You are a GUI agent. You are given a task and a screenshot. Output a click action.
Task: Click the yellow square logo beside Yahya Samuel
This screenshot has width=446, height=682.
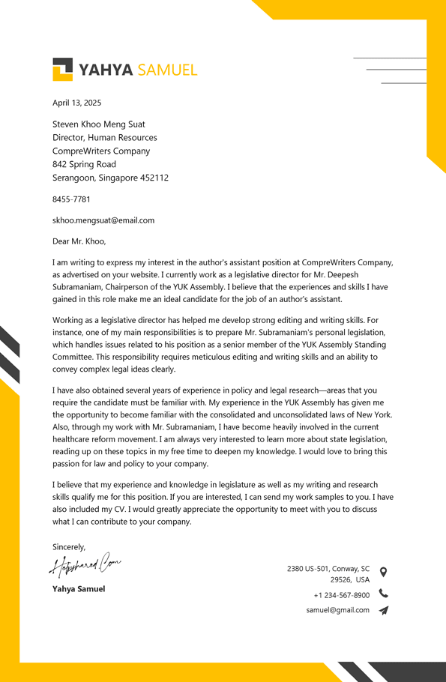(62, 69)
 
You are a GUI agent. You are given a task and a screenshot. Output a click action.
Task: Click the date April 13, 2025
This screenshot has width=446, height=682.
(76, 103)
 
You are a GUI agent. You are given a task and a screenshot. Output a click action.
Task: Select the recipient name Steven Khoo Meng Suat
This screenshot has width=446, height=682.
(99, 124)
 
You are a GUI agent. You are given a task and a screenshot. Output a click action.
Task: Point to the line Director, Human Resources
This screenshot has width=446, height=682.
(105, 138)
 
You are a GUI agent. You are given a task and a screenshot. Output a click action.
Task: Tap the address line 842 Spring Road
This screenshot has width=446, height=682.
(84, 164)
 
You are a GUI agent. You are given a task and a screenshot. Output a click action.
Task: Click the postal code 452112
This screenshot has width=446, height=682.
(154, 178)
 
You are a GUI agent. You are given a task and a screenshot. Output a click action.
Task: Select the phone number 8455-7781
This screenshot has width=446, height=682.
(71, 199)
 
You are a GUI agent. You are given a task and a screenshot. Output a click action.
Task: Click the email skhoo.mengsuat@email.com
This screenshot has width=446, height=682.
(103, 220)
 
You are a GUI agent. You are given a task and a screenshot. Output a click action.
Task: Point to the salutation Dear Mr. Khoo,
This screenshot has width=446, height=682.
(79, 241)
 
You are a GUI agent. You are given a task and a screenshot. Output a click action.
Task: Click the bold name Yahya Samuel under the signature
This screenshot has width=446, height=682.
(79, 589)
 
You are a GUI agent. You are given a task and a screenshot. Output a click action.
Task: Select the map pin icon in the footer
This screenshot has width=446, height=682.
(383, 572)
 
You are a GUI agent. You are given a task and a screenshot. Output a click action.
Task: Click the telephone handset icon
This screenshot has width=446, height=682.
(383, 594)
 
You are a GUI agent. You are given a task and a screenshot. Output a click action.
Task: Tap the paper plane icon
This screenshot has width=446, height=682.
(383, 610)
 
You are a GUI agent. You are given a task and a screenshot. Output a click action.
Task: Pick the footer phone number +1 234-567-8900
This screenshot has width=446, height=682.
(341, 595)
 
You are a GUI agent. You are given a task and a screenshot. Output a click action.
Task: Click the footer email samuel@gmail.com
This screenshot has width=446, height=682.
(337, 610)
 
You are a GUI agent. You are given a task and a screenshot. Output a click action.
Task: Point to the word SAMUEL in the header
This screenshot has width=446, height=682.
(167, 70)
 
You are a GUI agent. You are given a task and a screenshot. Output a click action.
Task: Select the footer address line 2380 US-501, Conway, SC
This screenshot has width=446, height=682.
(328, 569)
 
